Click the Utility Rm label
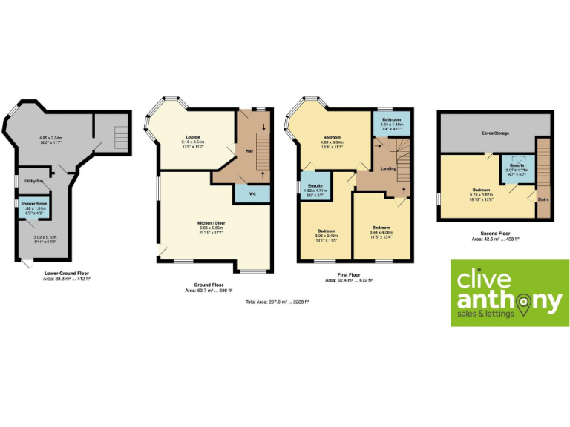coord(33,180)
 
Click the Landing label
coord(388,168)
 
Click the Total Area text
coord(277,302)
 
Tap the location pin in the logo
coord(525,302)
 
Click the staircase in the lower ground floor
coord(119,136)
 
